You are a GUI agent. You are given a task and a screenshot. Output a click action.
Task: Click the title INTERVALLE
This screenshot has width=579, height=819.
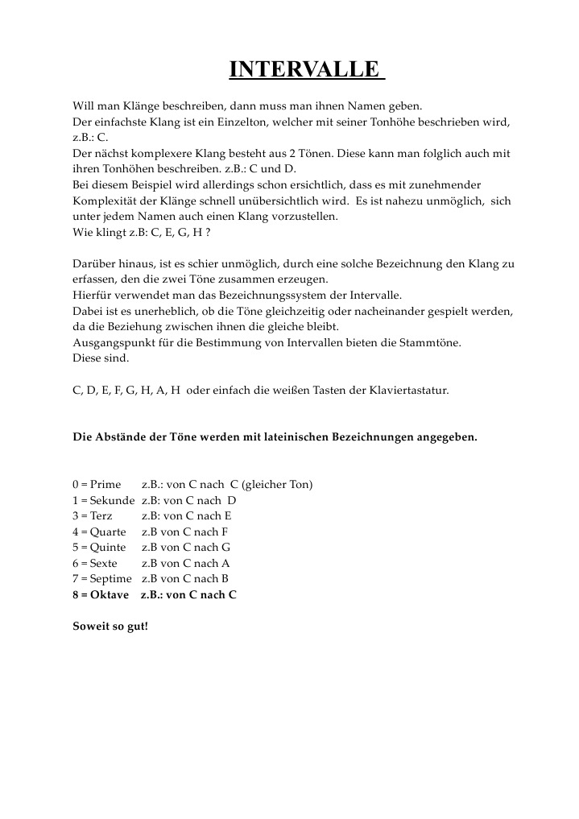click(x=306, y=69)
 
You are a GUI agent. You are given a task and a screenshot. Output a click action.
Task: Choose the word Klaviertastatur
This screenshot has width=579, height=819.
click(x=407, y=390)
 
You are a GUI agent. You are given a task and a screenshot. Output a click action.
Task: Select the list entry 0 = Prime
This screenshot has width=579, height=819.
click(x=97, y=484)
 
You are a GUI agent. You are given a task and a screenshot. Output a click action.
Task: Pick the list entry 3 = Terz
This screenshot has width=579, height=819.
click(x=93, y=515)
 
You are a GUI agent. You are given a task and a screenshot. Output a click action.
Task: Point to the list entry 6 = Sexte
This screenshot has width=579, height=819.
click(x=95, y=563)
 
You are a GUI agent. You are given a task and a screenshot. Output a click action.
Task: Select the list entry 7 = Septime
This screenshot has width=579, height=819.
click(x=101, y=578)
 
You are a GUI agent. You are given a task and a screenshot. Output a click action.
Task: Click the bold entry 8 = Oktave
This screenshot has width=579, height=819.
click(x=101, y=594)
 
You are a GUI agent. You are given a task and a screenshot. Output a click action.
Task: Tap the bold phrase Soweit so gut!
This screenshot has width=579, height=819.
click(x=110, y=626)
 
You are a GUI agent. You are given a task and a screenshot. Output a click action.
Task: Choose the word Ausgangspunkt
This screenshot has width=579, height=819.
click(x=111, y=342)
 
